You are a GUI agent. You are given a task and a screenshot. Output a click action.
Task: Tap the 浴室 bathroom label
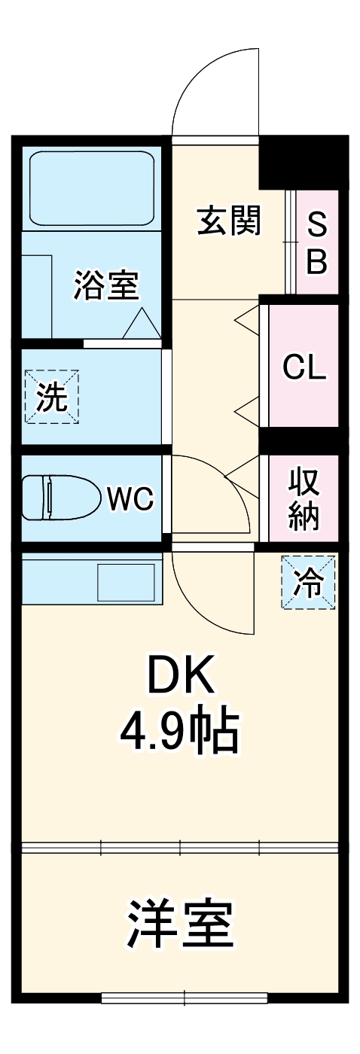[106, 285]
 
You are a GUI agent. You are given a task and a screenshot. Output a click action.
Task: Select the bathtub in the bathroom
[92, 189]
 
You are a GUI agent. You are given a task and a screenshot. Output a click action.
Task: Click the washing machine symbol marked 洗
[52, 396]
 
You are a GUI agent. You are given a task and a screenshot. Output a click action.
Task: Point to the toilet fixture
[62, 498]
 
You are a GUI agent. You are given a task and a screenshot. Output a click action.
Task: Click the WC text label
[130, 498]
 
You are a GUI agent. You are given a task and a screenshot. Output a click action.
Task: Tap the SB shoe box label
[317, 243]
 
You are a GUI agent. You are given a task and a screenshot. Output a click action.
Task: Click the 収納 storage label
[304, 498]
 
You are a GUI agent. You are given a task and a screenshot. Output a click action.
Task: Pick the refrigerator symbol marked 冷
[308, 582]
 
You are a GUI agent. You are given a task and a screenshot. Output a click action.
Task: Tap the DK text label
[182, 675]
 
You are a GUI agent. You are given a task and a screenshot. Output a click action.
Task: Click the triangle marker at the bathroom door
[142, 323]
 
